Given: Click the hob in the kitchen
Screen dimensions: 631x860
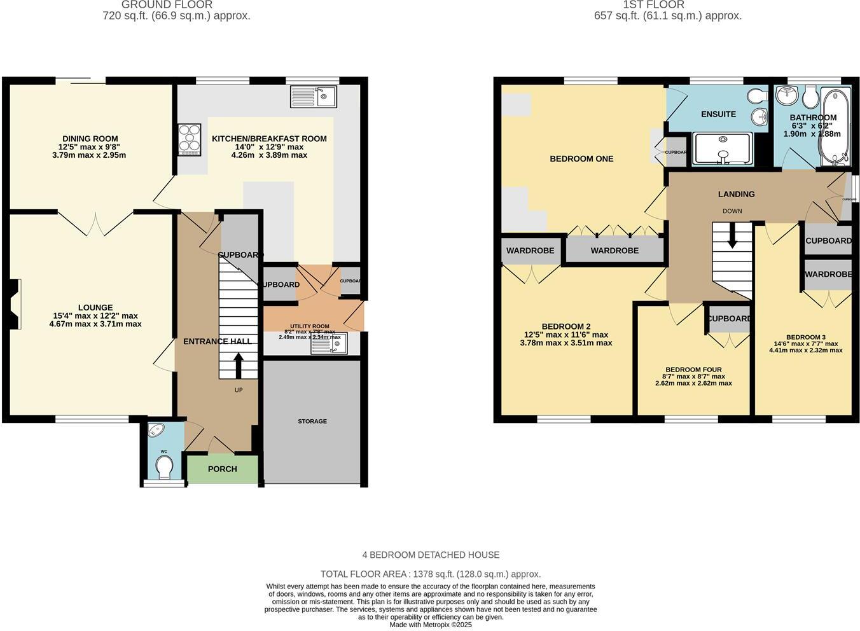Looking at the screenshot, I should (x=190, y=139).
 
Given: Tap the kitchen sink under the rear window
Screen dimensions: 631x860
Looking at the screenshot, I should (x=314, y=97).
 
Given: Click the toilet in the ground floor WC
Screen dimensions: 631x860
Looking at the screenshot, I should (x=164, y=468).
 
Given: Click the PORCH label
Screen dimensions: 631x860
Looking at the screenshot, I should (x=223, y=469).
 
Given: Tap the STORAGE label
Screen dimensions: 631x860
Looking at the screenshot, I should (x=312, y=421).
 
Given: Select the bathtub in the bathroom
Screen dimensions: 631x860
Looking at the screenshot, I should (x=832, y=127).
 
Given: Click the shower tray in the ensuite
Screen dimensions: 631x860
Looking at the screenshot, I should (x=723, y=149).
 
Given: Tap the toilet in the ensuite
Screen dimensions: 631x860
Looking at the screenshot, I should (x=756, y=96).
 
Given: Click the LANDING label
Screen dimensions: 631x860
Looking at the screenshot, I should (x=736, y=194).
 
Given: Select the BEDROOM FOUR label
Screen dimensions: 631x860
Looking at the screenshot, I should (x=693, y=370).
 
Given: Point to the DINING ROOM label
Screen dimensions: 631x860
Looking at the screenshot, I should (x=90, y=139).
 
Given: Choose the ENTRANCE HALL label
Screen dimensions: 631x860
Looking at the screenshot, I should (x=218, y=342).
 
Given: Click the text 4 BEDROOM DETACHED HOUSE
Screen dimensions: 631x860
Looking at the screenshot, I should (x=431, y=555).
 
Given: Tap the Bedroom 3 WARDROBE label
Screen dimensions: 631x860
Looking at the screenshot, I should (x=828, y=274).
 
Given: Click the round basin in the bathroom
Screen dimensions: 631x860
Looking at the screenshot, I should (x=787, y=95).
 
